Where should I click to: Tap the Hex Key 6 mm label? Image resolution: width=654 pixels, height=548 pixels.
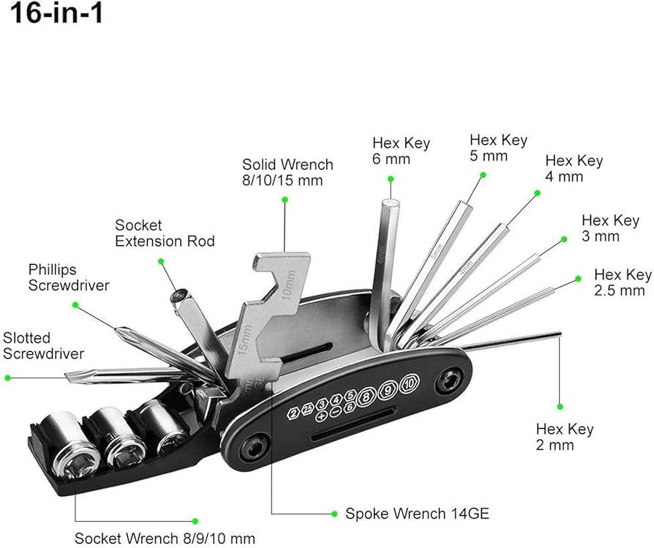(401, 151)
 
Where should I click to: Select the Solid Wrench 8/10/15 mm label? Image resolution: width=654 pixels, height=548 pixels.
(287, 172)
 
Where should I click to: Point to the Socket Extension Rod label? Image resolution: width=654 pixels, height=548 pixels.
(165, 233)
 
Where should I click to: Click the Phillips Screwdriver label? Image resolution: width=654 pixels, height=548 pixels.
(69, 277)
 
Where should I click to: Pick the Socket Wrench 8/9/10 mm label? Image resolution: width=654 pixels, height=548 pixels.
(165, 538)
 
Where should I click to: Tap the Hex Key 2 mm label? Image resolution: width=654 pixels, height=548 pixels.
(565, 437)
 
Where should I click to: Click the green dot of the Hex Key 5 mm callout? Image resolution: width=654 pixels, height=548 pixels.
(483, 174)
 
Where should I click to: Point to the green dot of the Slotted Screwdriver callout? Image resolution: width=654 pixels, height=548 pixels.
(8, 378)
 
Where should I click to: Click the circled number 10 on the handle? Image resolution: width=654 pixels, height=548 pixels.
(410, 381)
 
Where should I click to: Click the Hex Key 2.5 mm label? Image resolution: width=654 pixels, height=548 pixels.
(623, 282)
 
